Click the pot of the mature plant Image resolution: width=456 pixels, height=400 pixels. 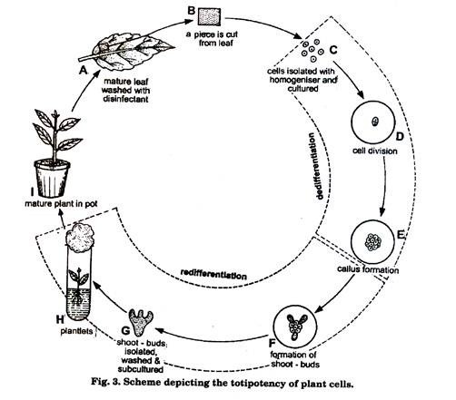[x=45, y=171]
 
